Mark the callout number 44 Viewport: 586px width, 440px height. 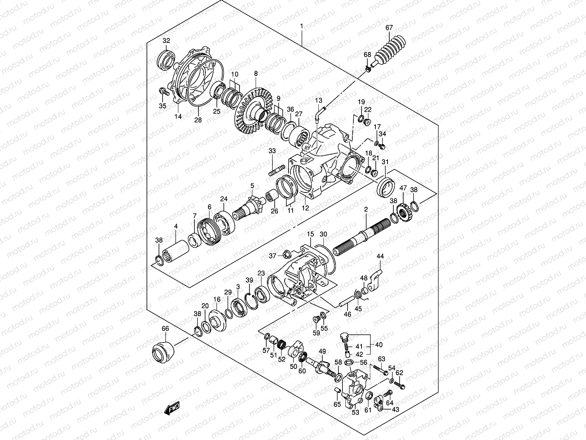[x=380, y=256]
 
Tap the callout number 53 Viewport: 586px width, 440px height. [x=355, y=423]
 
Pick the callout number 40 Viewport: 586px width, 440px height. [x=379, y=345]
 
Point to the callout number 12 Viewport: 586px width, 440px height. [x=305, y=208]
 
